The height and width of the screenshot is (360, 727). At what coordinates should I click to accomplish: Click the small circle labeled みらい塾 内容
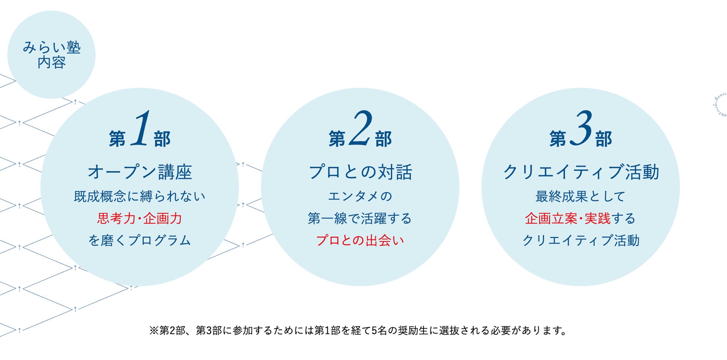pyautogui.click(x=51, y=55)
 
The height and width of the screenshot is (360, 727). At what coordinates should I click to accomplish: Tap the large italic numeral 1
pyautogui.click(x=141, y=129)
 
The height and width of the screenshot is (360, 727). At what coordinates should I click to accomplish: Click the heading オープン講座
pyautogui.click(x=140, y=172)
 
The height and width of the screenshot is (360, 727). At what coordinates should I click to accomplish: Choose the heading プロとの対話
pyautogui.click(x=360, y=172)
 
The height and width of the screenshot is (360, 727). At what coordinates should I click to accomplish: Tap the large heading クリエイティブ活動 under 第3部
pyautogui.click(x=581, y=172)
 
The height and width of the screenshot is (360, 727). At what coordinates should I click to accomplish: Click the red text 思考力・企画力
pyautogui.click(x=139, y=218)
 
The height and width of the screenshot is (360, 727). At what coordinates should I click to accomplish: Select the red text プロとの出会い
pyautogui.click(x=360, y=240)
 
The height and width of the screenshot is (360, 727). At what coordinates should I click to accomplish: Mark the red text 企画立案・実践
pyautogui.click(x=567, y=218)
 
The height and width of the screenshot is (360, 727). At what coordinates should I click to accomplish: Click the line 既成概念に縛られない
pyautogui.click(x=139, y=196)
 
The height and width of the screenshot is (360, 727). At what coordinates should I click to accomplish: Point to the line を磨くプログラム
pyautogui.click(x=139, y=240)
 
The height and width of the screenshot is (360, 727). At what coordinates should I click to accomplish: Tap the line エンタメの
pyautogui.click(x=360, y=196)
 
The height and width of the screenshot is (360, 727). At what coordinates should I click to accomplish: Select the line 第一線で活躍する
pyautogui.click(x=360, y=218)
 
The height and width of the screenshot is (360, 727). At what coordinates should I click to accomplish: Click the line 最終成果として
pyautogui.click(x=580, y=196)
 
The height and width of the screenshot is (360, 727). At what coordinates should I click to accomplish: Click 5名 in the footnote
pyautogui.click(x=380, y=331)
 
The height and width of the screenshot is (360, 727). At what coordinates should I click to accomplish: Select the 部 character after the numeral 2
pyautogui.click(x=383, y=139)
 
